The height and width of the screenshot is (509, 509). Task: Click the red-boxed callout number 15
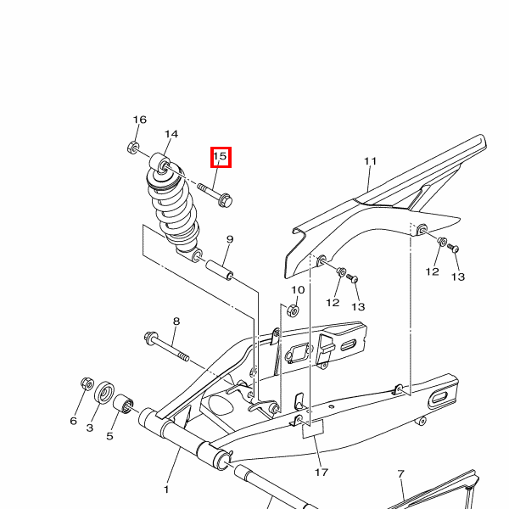coord(220,156)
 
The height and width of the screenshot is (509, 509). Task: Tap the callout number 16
coord(140,120)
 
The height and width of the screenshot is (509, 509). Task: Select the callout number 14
coord(171,134)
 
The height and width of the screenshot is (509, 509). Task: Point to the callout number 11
coord(371,161)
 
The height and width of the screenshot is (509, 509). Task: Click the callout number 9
coord(230,239)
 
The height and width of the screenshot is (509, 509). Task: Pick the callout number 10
coord(298,289)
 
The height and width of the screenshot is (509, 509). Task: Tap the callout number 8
coord(176,321)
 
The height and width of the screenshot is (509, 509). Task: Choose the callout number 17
coord(322,472)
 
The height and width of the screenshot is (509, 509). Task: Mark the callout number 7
coord(401,474)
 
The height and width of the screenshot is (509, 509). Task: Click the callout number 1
coord(166,489)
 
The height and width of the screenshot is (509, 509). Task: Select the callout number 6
coord(74,421)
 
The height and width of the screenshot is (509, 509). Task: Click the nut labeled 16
coord(133,148)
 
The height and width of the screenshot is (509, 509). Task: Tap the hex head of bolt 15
coord(226,200)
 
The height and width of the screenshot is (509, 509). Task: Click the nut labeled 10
coord(293,310)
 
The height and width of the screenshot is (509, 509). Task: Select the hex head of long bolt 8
coord(151,338)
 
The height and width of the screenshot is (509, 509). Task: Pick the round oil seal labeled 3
coord(104,393)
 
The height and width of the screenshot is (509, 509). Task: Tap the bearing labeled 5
coord(123,404)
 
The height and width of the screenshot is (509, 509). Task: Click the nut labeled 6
coord(87,383)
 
